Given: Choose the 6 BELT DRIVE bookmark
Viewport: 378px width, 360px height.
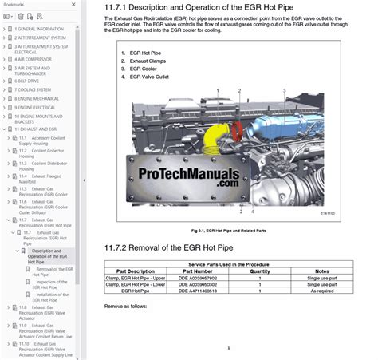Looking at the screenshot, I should click(x=30, y=81).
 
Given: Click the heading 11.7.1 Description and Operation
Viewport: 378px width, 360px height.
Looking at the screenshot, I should click(x=226, y=10).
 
